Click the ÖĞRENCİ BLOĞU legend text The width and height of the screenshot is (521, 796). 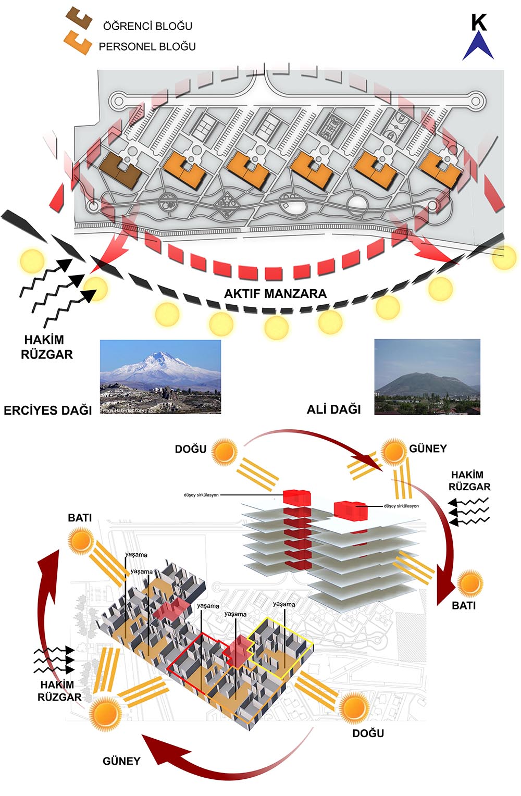147,26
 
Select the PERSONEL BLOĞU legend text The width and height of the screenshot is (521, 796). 147,46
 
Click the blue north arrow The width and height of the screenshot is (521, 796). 478,46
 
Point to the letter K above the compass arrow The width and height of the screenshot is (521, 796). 478,22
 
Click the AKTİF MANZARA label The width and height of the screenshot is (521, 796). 275,294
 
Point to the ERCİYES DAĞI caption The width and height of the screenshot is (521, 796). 48,410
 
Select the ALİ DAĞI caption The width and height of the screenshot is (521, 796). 333,409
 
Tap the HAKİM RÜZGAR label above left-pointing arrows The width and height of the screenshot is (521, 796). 469,481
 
